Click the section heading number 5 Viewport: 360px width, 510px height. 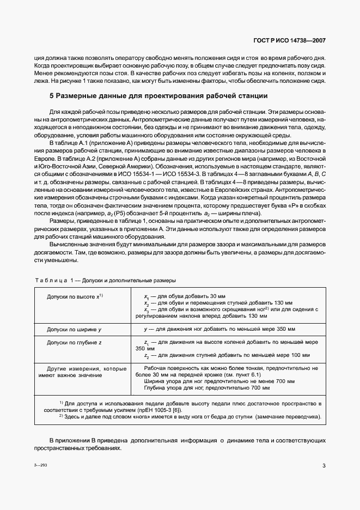tap(51, 96)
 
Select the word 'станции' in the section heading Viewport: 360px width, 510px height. tap(252, 96)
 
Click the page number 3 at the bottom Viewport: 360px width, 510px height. tap(324, 465)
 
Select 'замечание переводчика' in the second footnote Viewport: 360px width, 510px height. tap(286, 417)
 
